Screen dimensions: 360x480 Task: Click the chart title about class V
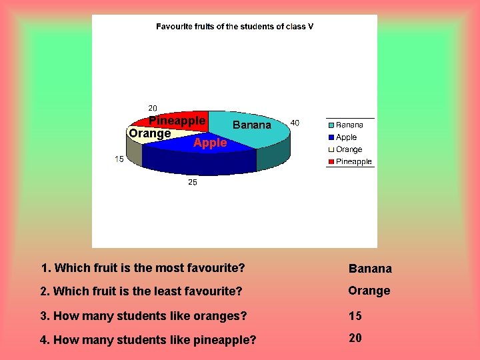(235, 27)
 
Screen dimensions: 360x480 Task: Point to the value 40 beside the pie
(295, 123)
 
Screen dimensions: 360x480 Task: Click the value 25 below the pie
(192, 182)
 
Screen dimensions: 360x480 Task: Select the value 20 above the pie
(153, 108)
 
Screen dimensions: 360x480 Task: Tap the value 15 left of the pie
(119, 159)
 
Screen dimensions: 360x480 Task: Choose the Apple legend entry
(346, 137)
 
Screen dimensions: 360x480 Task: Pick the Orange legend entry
(349, 149)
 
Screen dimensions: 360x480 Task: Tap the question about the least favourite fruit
(141, 291)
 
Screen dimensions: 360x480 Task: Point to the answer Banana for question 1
(370, 269)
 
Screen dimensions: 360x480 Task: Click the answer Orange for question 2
(369, 291)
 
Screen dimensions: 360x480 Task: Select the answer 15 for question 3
(355, 315)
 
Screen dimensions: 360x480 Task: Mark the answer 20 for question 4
(355, 338)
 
